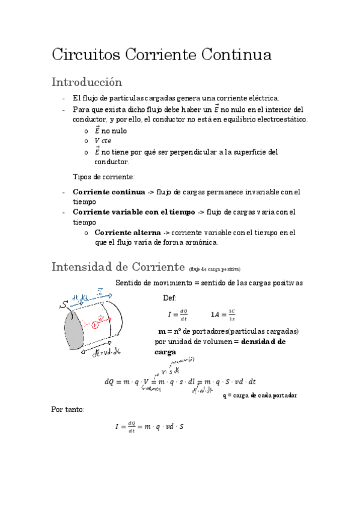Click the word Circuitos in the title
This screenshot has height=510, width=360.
click(x=85, y=55)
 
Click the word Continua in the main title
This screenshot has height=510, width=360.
click(x=236, y=55)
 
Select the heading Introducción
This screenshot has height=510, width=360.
click(x=87, y=81)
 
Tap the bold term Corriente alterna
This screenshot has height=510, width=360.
click(x=128, y=232)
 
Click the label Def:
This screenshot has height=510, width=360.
click(x=170, y=298)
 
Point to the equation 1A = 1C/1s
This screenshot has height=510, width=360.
click(x=223, y=314)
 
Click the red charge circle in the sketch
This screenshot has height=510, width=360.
click(x=95, y=325)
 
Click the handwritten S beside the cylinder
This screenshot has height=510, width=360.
click(x=63, y=306)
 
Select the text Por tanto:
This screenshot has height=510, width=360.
click(x=68, y=409)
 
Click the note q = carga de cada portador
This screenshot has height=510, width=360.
click(x=260, y=395)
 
